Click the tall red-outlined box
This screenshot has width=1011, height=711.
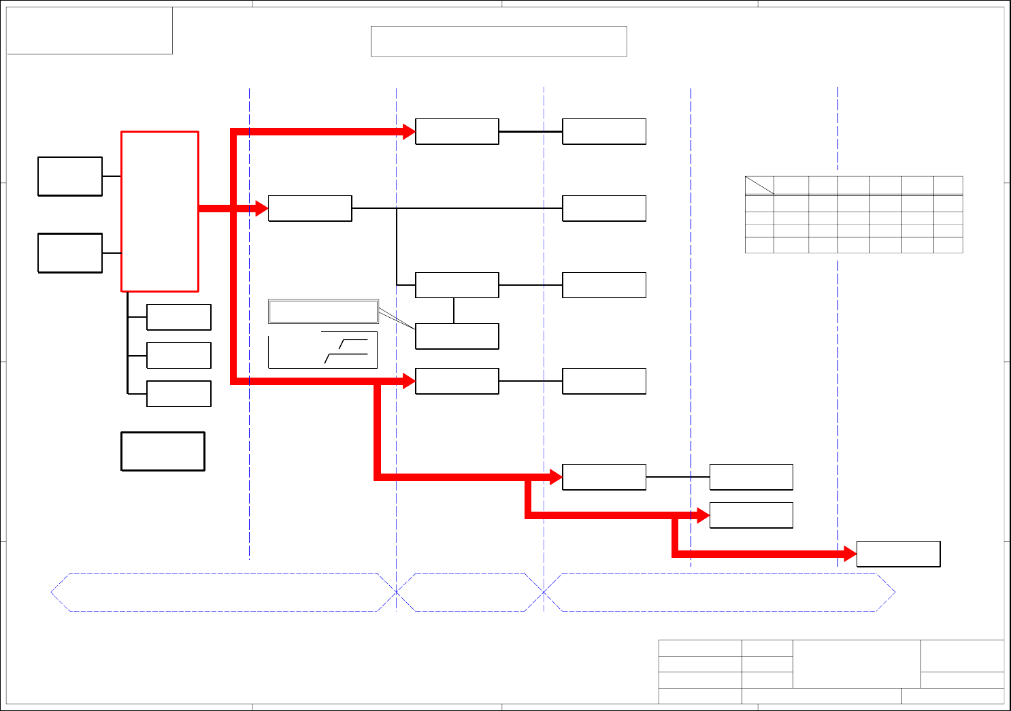tap(160, 211)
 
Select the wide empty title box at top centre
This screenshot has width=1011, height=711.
tap(498, 42)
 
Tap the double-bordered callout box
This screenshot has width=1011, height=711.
tap(323, 311)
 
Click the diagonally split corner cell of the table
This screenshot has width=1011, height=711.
tap(759, 185)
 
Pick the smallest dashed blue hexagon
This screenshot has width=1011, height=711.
tap(470, 592)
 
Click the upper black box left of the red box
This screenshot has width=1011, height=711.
tap(70, 176)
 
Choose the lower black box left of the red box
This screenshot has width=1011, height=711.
tap(70, 252)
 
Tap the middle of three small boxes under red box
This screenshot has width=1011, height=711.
tap(179, 355)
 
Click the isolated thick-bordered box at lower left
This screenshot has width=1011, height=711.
tap(163, 451)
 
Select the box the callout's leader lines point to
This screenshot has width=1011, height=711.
tap(457, 336)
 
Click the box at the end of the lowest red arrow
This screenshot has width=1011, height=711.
tap(898, 554)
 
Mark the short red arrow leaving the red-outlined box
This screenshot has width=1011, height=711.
tap(231, 208)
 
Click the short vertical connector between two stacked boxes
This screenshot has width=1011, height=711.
tap(454, 310)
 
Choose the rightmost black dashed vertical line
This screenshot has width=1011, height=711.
tap(838, 408)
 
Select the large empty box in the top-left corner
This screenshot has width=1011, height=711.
tap(89, 31)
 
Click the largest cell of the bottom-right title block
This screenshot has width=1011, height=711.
tap(857, 663)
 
